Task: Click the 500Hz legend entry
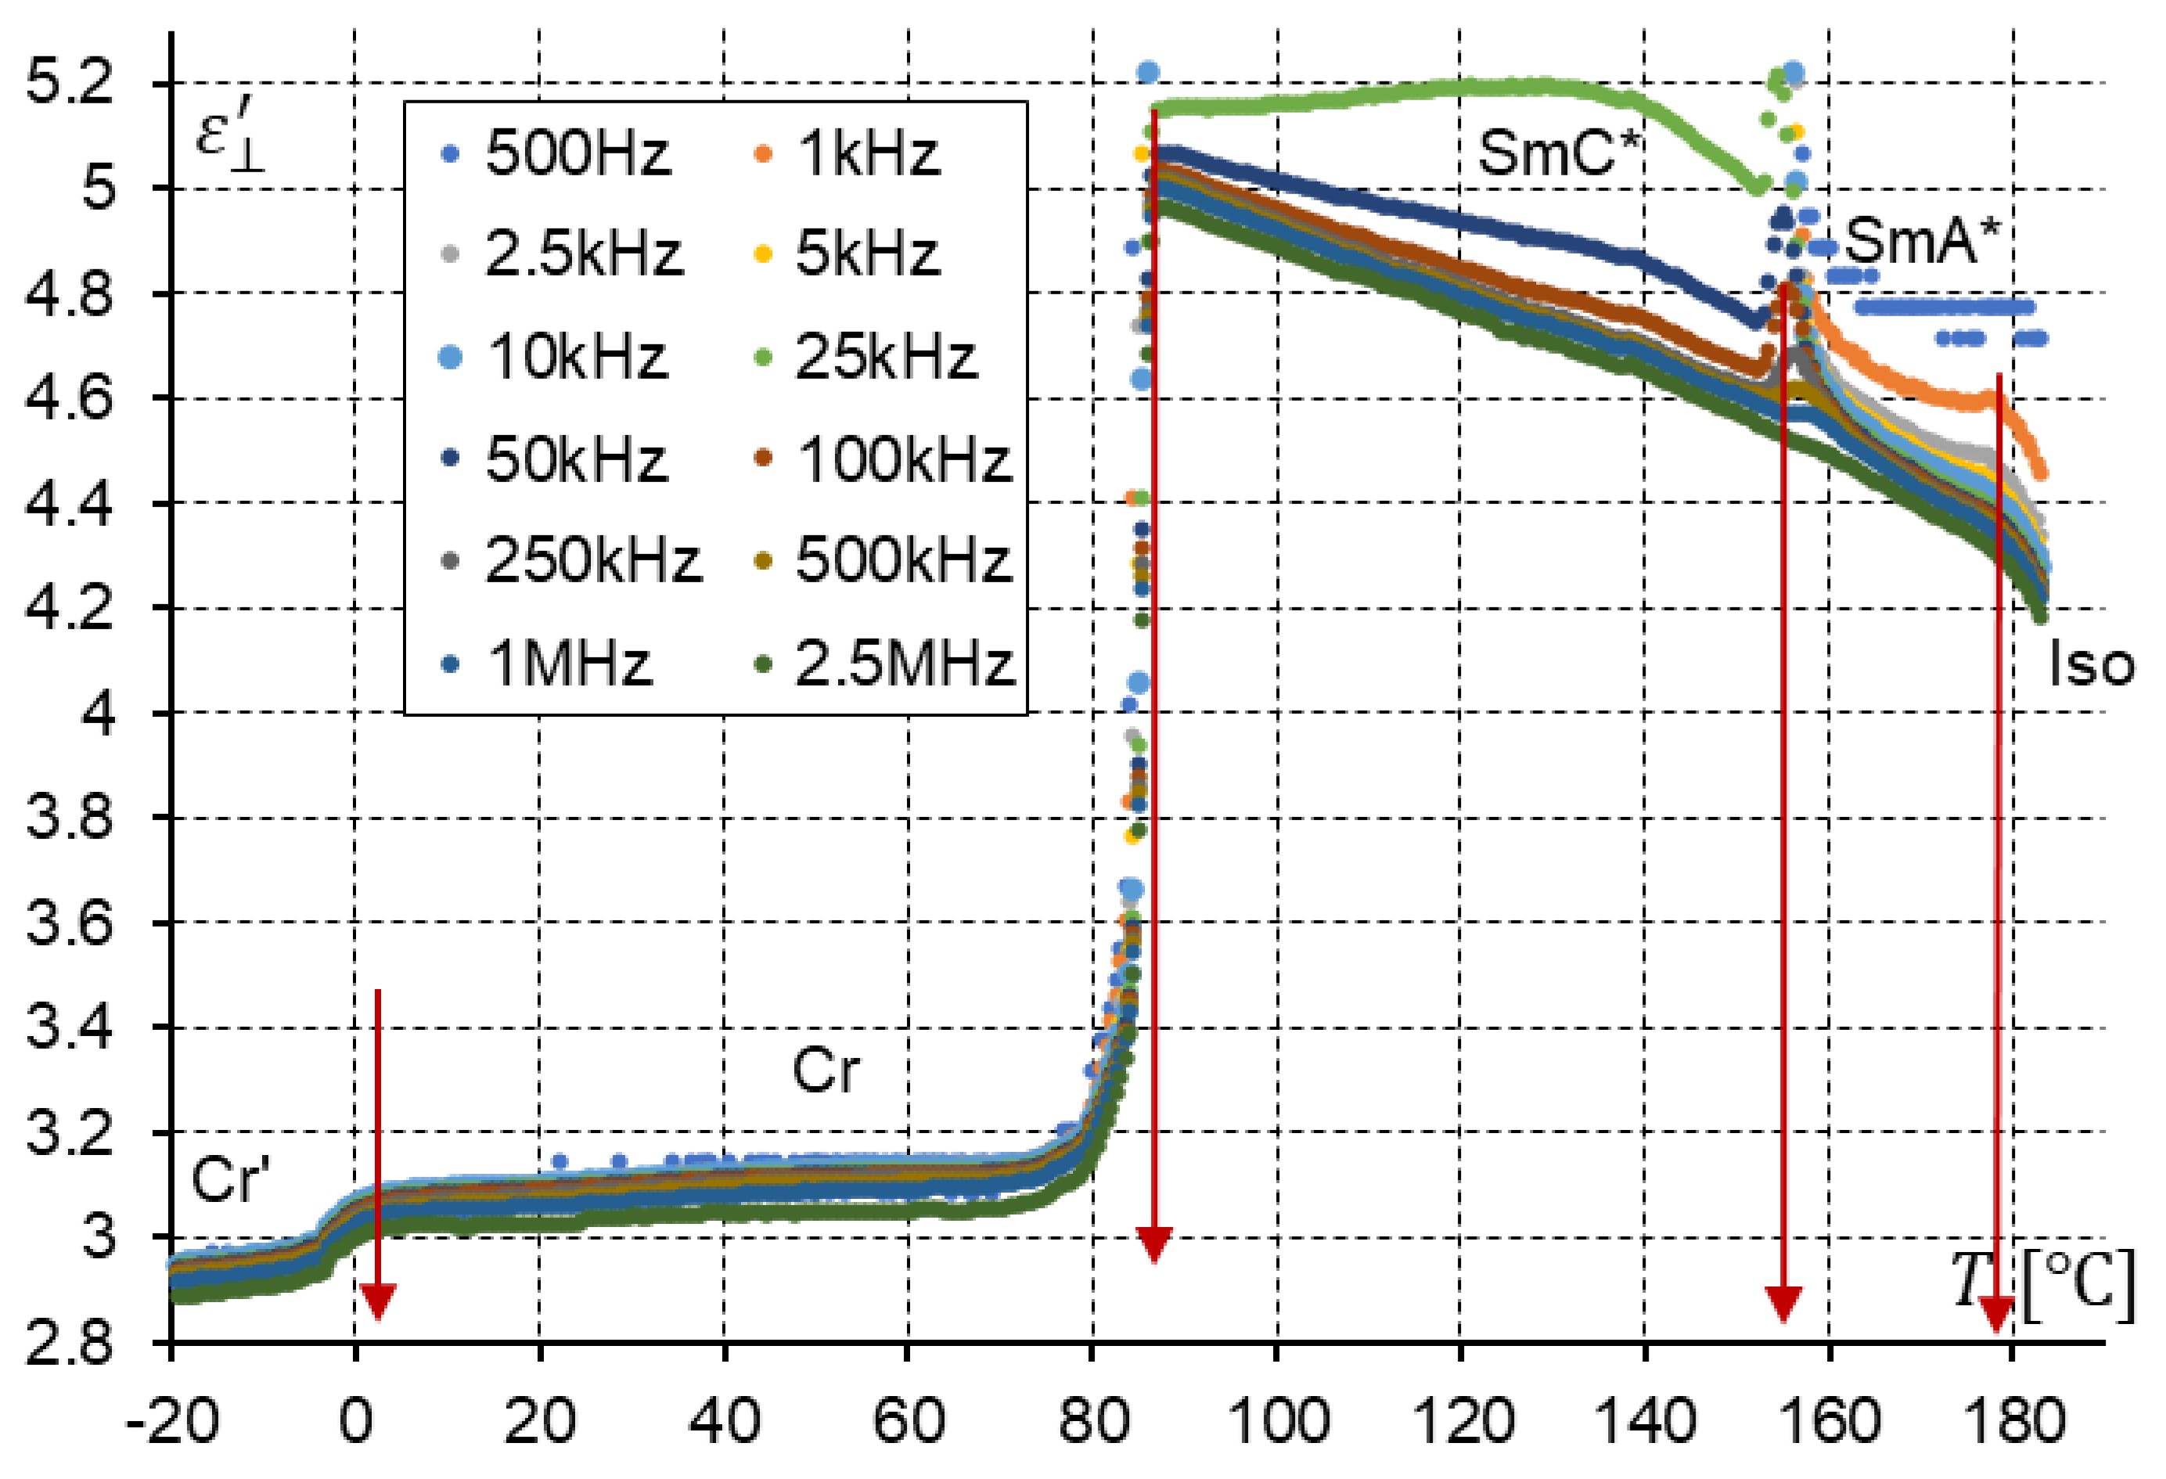556,153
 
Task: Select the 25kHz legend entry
867,357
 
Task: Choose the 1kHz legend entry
848,153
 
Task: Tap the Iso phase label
2091,665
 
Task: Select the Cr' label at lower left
230,1179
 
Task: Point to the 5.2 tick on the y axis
70,82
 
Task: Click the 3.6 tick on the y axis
70,923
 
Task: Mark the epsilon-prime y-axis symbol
228,137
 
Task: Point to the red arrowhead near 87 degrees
1154,1245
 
